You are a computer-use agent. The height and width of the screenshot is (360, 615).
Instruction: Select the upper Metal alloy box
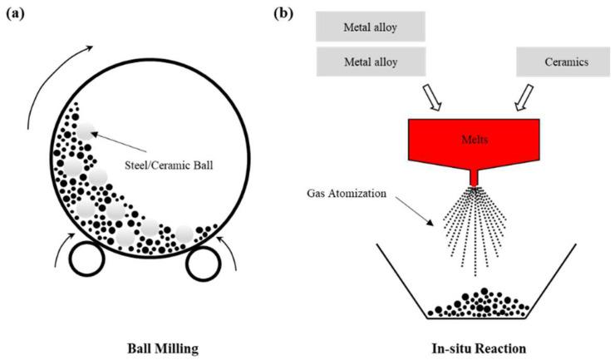click(x=371, y=27)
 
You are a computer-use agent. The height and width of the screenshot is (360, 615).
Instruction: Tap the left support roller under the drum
click(x=86, y=260)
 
